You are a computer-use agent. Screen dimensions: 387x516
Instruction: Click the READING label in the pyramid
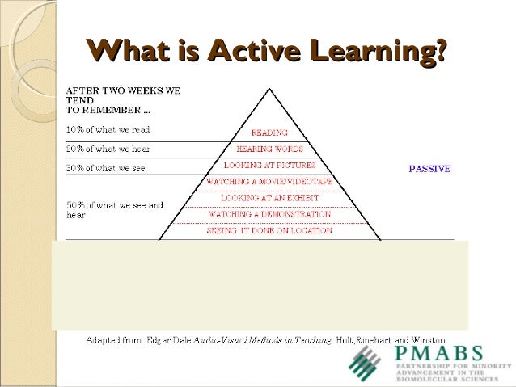(269, 133)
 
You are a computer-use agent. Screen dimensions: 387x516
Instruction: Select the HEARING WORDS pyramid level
(269, 149)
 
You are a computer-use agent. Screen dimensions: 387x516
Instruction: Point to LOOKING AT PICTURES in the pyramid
(269, 166)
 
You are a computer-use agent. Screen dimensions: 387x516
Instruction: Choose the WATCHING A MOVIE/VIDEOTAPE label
(269, 182)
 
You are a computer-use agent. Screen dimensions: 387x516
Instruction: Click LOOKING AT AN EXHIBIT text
(269, 198)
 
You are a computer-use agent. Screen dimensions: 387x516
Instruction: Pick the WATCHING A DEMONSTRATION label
(269, 215)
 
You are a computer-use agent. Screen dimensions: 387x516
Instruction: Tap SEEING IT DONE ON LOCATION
(269, 231)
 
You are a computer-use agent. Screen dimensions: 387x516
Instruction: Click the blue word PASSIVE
(429, 169)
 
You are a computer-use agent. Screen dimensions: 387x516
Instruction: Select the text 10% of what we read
(108, 129)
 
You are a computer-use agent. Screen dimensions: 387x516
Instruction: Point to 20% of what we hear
(108, 149)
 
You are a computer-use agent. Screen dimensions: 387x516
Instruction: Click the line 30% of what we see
(106, 168)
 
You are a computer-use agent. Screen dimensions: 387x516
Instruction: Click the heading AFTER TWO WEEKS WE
(123, 90)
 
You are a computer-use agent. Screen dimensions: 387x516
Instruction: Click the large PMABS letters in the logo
(438, 354)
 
